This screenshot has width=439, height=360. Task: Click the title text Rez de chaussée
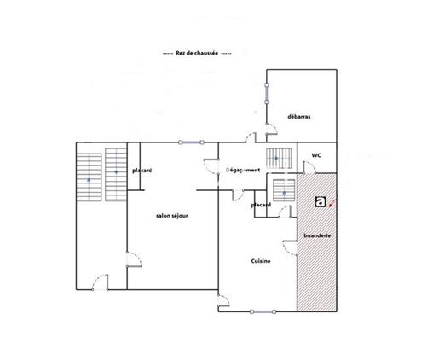[197, 53]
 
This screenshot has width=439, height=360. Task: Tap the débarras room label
[299, 117]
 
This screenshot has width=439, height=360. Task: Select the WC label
[316, 155]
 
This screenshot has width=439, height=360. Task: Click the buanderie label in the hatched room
[317, 235]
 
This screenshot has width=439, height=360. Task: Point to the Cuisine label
[261, 261]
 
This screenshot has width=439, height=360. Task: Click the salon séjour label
[172, 216]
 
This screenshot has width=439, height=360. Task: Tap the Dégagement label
[243, 171]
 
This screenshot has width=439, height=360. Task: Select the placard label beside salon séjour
[142, 171]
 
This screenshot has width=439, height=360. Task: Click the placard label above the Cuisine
[261, 205]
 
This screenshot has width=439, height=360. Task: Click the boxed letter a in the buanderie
[321, 202]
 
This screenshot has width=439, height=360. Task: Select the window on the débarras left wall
[267, 93]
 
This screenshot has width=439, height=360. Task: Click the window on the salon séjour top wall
[191, 142]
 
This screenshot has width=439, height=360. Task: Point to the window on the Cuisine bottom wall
[263, 312]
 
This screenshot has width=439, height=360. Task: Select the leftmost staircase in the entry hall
[89, 177]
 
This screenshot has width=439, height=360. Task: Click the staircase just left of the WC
[279, 159]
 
